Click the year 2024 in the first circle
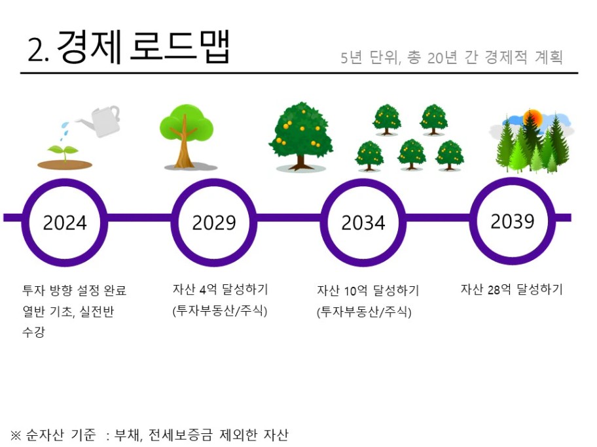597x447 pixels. pyautogui.click(x=65, y=223)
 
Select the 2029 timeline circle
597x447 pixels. pyautogui.click(x=214, y=182)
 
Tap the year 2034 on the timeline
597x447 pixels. pyautogui.click(x=363, y=223)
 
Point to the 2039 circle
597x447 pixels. pyautogui.click(x=513, y=181)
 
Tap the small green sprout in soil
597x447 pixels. pyautogui.click(x=63, y=153)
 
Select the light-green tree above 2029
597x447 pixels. pyautogui.click(x=187, y=136)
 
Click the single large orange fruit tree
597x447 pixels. pyautogui.click(x=300, y=136)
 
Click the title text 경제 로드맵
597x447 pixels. pyautogui.click(x=143, y=46)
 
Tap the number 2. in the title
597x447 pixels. pyautogui.click(x=39, y=50)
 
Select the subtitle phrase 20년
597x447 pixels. pyautogui.click(x=442, y=58)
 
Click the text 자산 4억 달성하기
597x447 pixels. pyautogui.click(x=221, y=290)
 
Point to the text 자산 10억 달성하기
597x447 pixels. pyautogui.click(x=368, y=291)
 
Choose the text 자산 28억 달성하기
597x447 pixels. pyautogui.click(x=512, y=290)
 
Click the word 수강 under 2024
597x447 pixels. pyautogui.click(x=33, y=332)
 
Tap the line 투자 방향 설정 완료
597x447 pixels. pyautogui.click(x=74, y=291)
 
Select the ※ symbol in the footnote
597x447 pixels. pyautogui.click(x=16, y=435)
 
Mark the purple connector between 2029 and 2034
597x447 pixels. pyautogui.click(x=289, y=218)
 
